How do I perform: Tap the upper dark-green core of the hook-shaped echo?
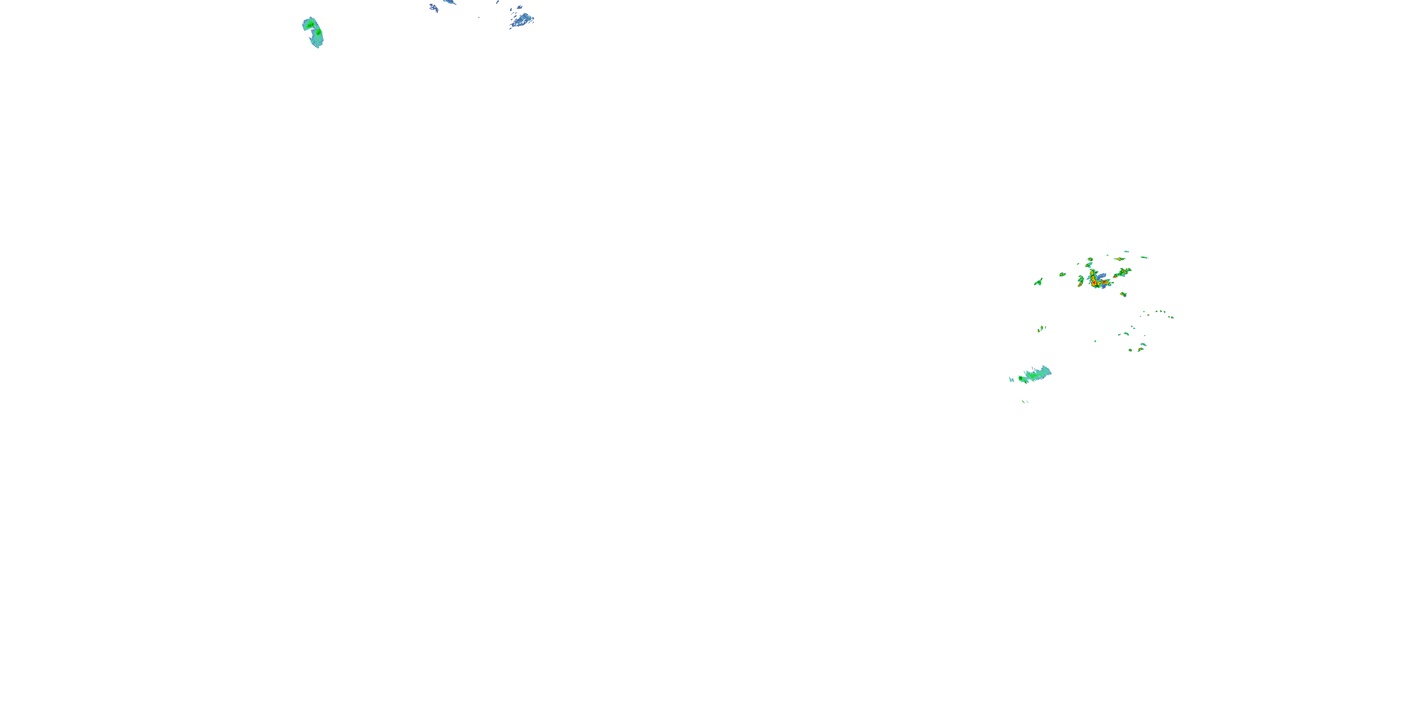(311, 24)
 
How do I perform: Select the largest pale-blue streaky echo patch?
(522, 21)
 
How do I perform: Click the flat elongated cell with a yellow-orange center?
(1119, 259)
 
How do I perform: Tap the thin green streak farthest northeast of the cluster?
(1144, 257)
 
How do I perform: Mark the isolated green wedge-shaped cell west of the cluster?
(1038, 282)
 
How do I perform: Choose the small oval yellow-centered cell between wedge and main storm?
(1062, 274)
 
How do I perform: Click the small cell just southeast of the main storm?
(1123, 294)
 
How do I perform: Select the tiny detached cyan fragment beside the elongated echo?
(1011, 379)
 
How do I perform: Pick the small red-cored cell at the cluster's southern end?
(1141, 349)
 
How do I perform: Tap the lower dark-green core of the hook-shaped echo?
(317, 33)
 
